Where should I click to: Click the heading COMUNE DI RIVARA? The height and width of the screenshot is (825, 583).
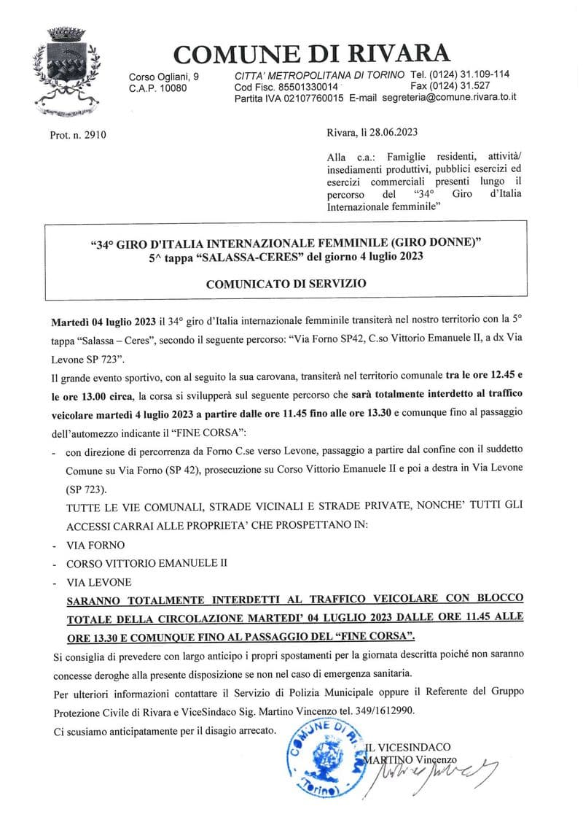click(312, 53)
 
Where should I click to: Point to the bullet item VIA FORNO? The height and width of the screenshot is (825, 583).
click(95, 545)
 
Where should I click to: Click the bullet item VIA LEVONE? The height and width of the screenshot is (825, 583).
click(99, 582)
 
